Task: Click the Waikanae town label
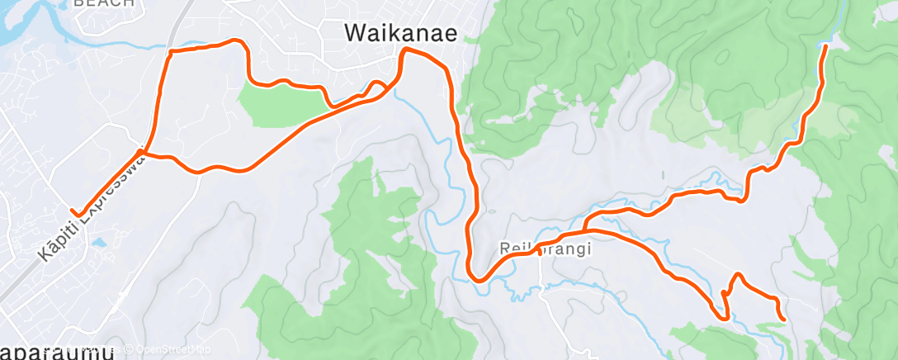pyautogui.click(x=401, y=32)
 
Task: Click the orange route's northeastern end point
pyautogui.click(x=825, y=48)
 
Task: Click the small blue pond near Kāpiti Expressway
pyautogui.click(x=98, y=244)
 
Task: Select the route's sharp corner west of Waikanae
pyautogui.click(x=171, y=52)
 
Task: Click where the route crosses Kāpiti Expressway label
pyautogui.click(x=142, y=152)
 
